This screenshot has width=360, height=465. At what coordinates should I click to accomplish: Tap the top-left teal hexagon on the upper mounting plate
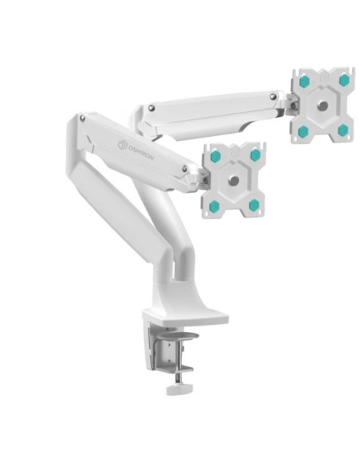coord(303,80)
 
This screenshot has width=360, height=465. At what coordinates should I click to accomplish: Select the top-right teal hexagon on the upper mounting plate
coord(344,80)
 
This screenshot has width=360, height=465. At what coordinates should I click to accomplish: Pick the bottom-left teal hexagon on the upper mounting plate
coord(303,131)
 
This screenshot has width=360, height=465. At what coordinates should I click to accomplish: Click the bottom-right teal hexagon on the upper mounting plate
coord(342,130)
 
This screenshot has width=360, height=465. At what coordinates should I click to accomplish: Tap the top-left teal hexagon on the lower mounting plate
coord(214,156)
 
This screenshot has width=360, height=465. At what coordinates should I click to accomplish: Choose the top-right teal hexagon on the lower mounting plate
coord(255,155)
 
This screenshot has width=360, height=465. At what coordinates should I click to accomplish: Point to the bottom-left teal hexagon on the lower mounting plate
coord(214,206)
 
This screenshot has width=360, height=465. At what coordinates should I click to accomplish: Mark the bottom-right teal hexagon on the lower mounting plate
coord(254,205)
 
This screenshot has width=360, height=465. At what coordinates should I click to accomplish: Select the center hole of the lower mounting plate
coord(233,181)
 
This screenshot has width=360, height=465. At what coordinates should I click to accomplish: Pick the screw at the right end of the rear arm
coord(273,97)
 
